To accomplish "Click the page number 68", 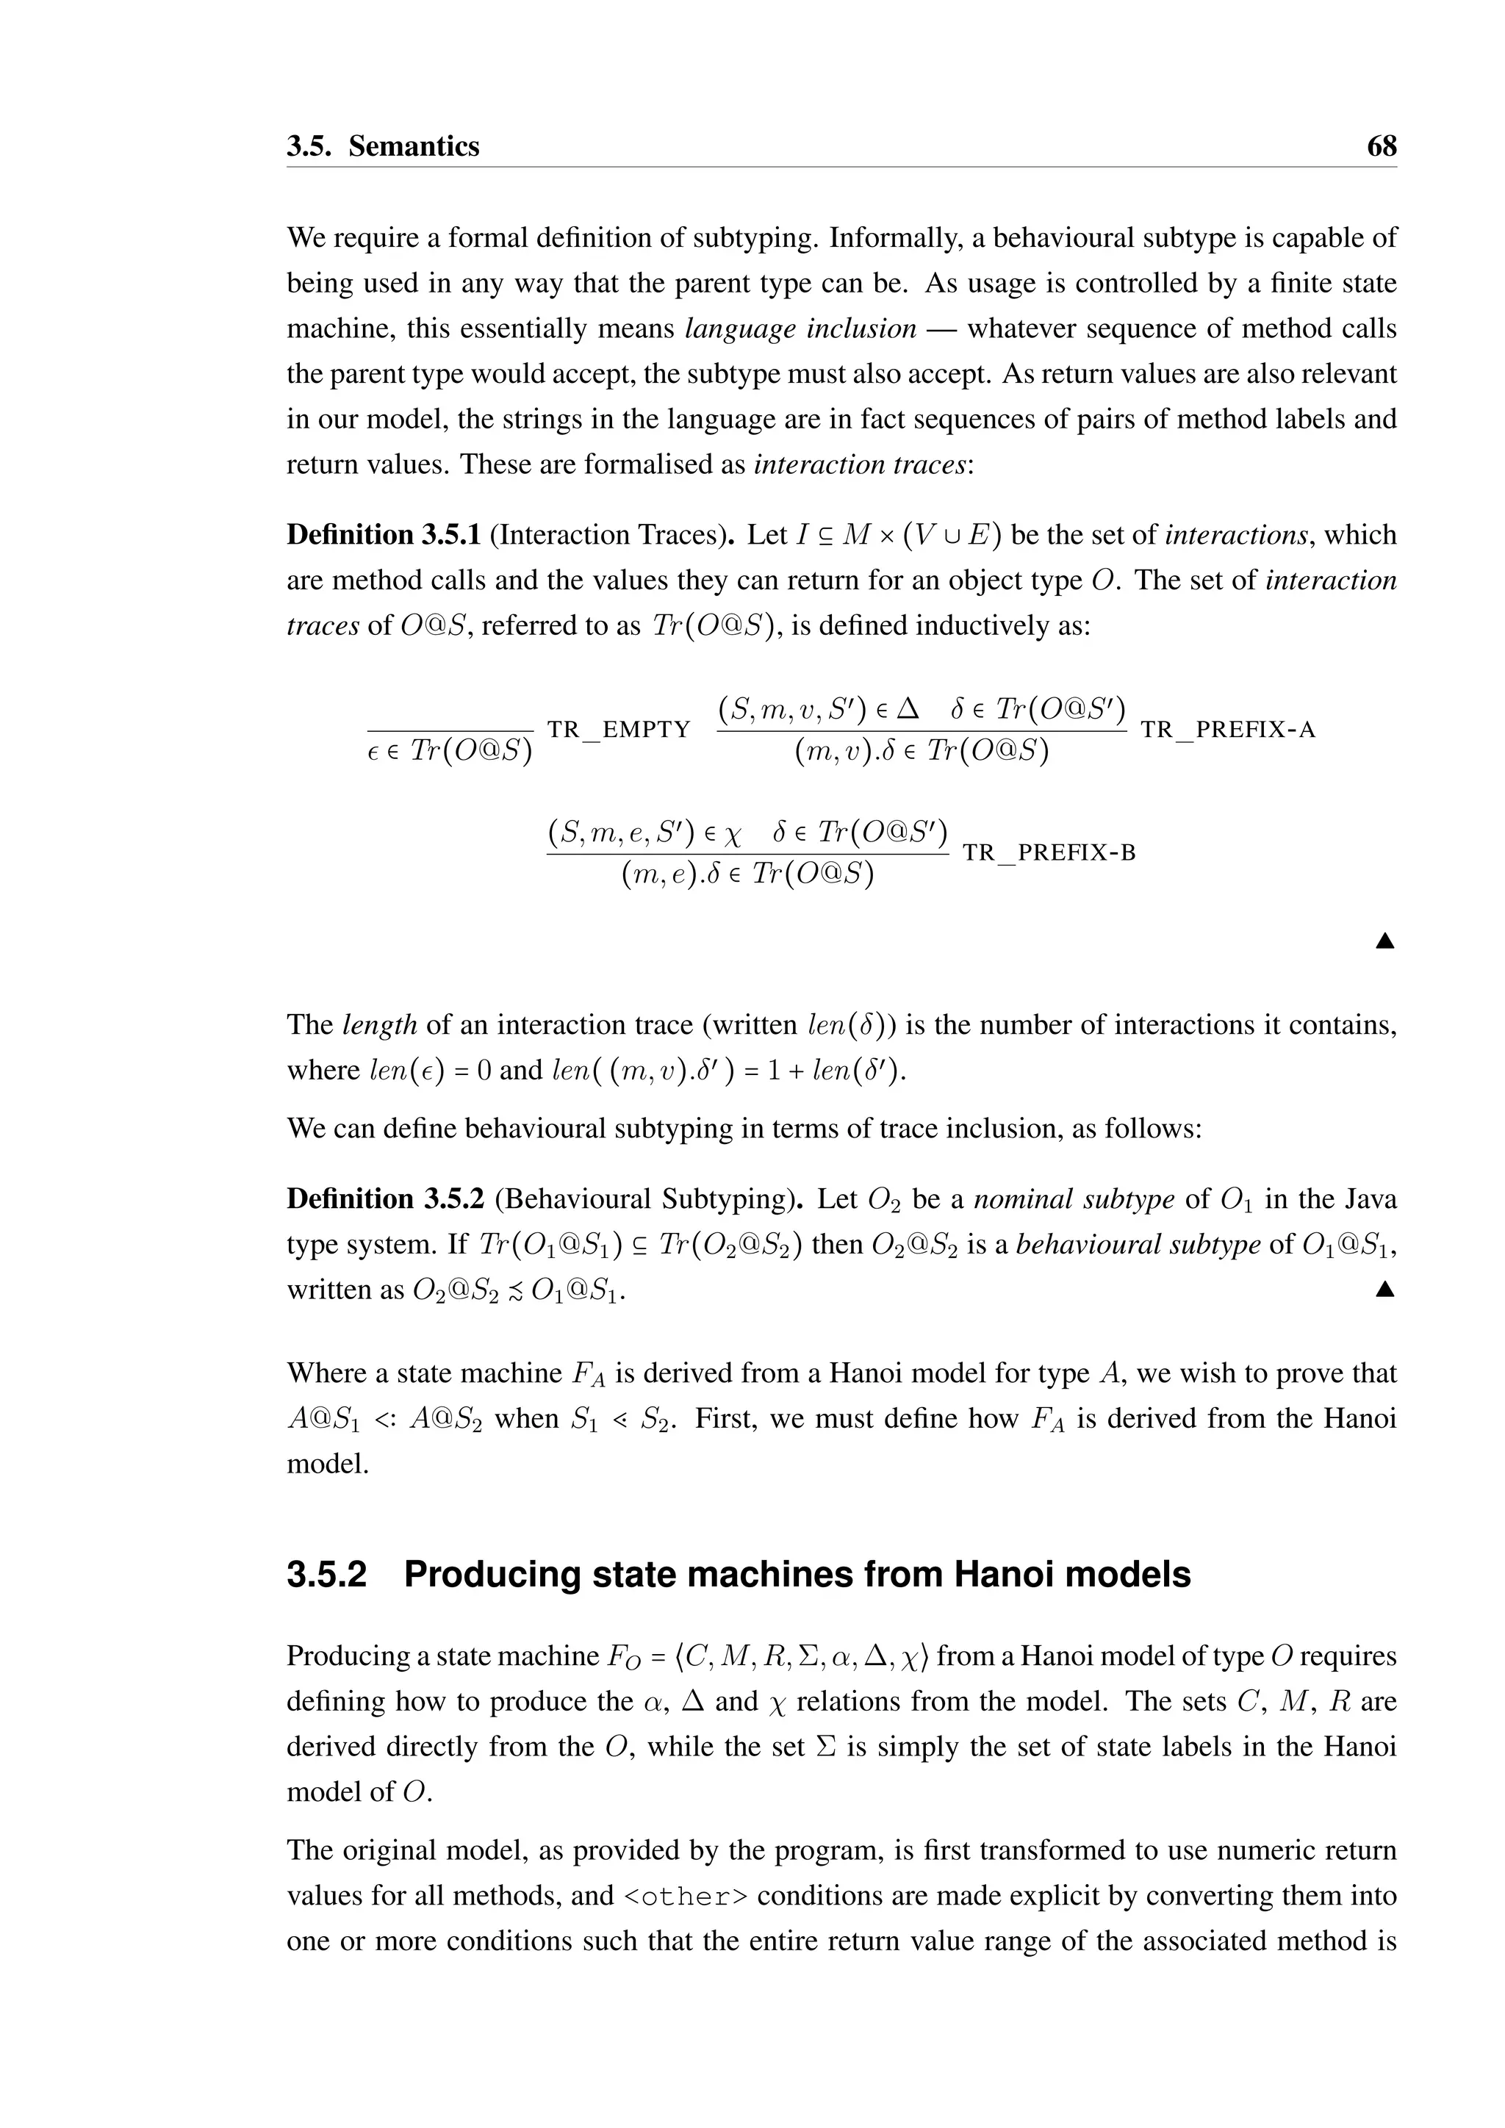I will coord(1381,146).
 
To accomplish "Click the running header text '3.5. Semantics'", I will coord(383,146).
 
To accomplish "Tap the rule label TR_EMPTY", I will coord(619,730).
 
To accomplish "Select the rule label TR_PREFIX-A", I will coord(1227,730).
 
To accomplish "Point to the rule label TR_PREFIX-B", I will coord(1049,852).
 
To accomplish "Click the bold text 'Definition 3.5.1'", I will coord(383,535).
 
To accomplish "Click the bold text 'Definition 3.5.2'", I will coord(384,1199).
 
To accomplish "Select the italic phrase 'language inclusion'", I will coord(801,329).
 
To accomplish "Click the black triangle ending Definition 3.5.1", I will coord(1384,942).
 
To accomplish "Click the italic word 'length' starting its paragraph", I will coord(380,1025).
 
